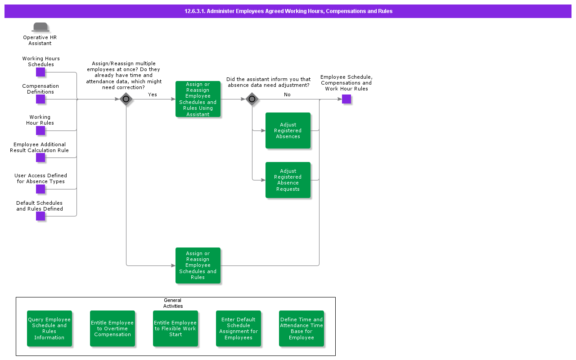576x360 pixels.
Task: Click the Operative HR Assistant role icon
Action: click(40, 27)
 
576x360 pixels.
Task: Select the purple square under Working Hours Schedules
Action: click(40, 72)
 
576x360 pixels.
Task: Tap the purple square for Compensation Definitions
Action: click(40, 99)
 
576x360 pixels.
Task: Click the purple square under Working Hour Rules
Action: click(40, 130)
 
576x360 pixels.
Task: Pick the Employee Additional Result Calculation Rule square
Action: click(40, 157)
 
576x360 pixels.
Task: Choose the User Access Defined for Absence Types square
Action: click(40, 189)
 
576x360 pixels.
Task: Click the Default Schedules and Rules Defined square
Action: click(40, 216)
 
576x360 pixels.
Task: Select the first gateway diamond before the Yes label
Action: click(126, 99)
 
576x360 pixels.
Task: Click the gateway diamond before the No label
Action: click(252, 99)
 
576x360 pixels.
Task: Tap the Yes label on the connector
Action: click(153, 94)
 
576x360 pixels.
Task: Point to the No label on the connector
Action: click(287, 94)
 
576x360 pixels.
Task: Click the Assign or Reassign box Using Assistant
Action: click(198, 99)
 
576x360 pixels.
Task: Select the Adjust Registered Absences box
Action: click(288, 130)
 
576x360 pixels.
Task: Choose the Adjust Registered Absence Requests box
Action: click(288, 180)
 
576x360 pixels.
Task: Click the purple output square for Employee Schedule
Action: click(346, 99)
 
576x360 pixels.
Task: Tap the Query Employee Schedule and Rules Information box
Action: click(49, 328)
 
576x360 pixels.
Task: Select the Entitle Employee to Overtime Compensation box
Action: click(112, 328)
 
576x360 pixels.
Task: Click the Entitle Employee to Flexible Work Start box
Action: click(175, 328)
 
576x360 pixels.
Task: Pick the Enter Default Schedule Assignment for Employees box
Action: click(238, 328)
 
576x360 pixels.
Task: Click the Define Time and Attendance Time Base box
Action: click(301, 328)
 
